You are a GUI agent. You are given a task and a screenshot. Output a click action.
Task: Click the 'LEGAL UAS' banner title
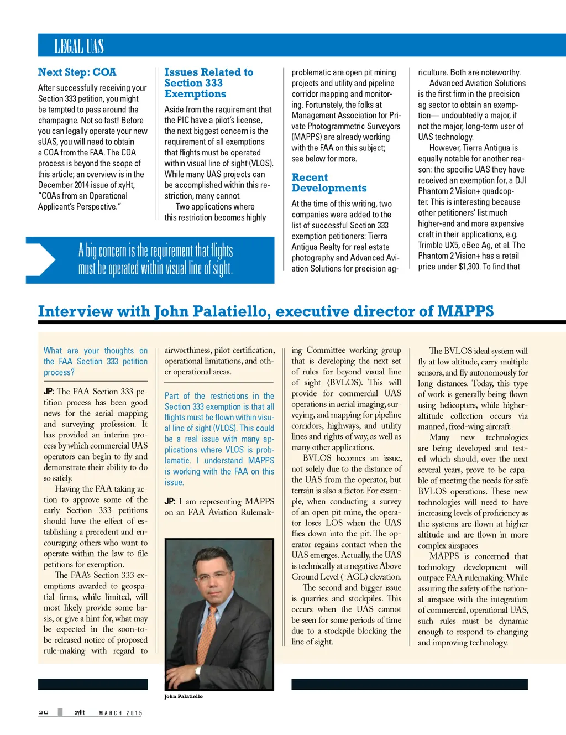79,46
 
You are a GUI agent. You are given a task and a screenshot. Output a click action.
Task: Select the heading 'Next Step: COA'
77,72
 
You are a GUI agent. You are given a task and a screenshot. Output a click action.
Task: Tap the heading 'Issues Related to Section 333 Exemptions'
208,83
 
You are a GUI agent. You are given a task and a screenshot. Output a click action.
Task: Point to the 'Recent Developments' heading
329,183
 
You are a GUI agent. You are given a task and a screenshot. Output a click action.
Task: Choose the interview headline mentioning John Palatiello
265,311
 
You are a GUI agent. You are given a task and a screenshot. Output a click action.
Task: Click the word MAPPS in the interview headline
465,311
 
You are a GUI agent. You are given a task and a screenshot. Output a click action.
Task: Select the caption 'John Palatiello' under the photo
184,696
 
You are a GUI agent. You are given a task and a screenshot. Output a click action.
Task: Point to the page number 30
43,712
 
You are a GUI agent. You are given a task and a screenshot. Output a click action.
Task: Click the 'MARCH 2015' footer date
120,713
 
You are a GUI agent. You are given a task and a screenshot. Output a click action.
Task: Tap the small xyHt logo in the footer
80,712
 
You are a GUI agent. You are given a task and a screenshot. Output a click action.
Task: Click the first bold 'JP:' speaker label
49,392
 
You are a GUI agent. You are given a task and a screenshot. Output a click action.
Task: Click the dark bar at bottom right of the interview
409,684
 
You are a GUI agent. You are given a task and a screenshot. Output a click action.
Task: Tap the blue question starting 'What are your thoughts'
96,361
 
